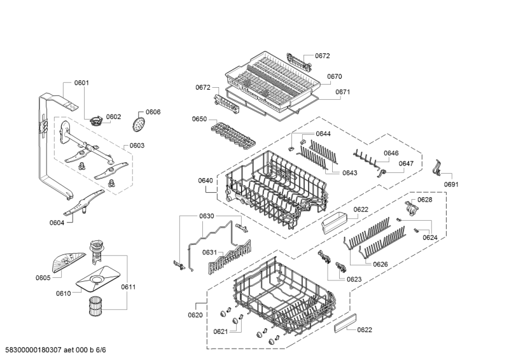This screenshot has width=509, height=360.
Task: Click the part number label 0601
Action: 81,83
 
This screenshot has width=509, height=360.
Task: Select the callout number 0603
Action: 137,146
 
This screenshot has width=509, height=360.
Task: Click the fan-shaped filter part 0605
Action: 67,262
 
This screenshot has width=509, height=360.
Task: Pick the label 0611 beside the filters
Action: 129,287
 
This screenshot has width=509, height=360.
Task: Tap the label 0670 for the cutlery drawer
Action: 335,76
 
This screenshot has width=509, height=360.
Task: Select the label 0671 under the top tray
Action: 343,92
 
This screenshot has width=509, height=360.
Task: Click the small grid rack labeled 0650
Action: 233,135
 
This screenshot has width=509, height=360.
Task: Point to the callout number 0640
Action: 206,181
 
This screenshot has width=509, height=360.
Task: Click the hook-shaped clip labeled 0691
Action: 437,167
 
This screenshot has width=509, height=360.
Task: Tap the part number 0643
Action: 349,173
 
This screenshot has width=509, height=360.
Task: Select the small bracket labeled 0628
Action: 411,208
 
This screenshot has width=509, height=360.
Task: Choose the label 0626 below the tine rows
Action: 380,265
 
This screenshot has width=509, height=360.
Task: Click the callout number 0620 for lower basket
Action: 195,315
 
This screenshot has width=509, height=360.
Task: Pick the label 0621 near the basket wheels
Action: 221,332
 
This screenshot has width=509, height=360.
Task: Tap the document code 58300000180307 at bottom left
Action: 34,350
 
